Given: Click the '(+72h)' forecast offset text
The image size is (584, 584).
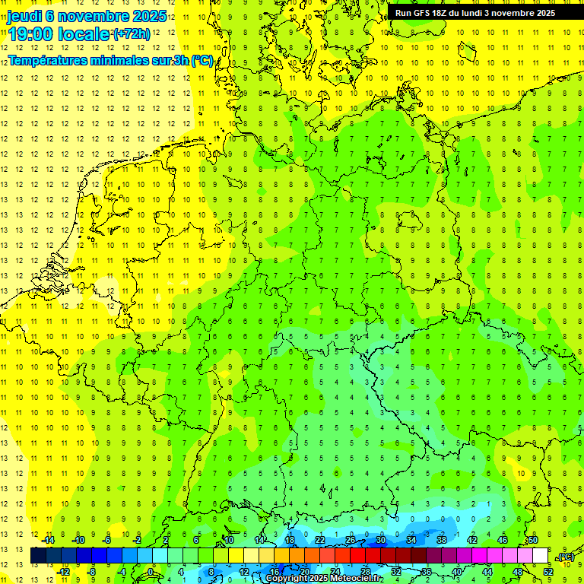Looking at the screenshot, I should point(132,34).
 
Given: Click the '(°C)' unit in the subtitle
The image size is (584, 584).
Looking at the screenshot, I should point(202,60).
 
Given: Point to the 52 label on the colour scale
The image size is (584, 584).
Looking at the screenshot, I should point(548,571).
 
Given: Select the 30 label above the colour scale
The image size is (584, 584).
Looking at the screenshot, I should point(380,540).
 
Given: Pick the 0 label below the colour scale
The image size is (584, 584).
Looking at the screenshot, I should point(151,571).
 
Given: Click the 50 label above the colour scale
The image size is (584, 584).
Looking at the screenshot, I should point(533,540).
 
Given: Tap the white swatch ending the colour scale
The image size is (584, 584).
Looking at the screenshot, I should point(540,555).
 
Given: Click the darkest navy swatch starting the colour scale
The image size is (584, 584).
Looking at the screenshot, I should point(38,555).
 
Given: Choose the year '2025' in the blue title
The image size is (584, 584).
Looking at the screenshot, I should point(143,15).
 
